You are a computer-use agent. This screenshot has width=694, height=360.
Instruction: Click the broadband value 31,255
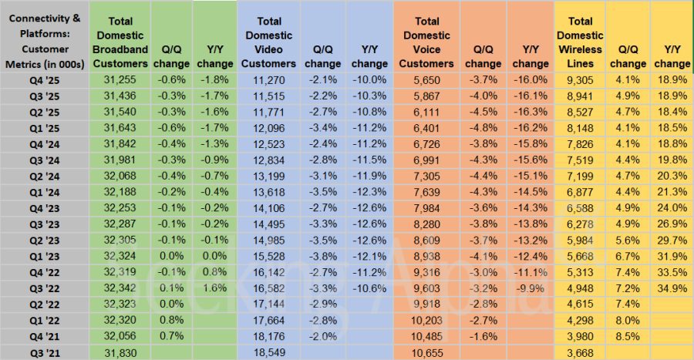pyautogui.click(x=126, y=79)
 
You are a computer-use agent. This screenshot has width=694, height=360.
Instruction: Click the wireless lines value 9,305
pyautogui.click(x=578, y=79)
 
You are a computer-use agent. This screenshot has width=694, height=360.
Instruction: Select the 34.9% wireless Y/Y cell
pyautogui.click(x=671, y=288)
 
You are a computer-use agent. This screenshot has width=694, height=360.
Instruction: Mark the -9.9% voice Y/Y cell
pyautogui.click(x=530, y=288)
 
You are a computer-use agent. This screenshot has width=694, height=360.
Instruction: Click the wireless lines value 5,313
pyautogui.click(x=578, y=272)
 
